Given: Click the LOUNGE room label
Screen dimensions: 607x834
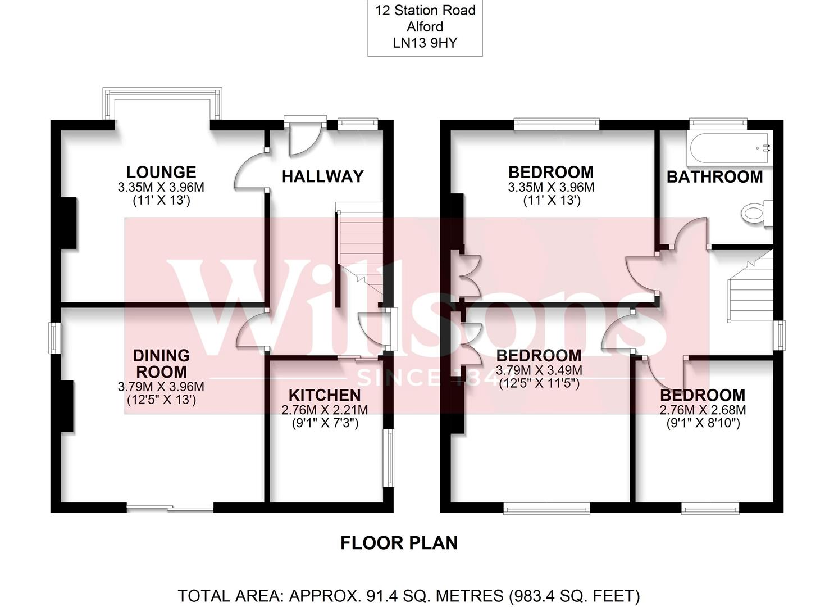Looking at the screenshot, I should click(x=161, y=172).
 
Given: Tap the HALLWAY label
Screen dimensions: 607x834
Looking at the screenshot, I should click(x=322, y=176).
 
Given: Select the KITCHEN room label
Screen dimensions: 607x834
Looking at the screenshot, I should click(x=324, y=395).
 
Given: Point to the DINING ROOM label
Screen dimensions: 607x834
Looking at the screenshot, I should click(x=161, y=364).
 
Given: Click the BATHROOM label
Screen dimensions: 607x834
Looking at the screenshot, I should click(x=714, y=177).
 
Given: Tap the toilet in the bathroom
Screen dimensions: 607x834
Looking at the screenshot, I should click(x=755, y=213).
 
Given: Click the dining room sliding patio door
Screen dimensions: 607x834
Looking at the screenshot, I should click(x=170, y=508).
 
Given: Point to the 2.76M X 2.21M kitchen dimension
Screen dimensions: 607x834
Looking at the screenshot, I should click(x=324, y=410).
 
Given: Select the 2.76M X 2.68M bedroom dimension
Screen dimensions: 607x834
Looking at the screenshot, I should click(x=703, y=410).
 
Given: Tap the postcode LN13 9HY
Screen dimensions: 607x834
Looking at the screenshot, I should click(x=425, y=43).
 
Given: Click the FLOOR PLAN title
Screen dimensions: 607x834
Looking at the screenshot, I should click(x=399, y=543).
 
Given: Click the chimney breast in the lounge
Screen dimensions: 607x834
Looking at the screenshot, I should click(x=69, y=223).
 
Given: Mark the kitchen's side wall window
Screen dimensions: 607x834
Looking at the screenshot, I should click(x=388, y=458).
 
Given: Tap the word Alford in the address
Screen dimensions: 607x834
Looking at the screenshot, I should click(x=425, y=26).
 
